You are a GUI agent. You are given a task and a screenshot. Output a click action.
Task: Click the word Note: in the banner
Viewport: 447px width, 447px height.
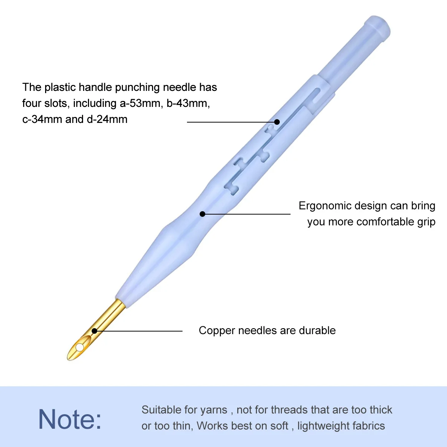(70, 419)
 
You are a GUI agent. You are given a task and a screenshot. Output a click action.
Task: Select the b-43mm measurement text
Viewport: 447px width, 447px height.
(188, 103)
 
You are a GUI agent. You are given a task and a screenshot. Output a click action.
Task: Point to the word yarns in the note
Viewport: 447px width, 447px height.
(213, 410)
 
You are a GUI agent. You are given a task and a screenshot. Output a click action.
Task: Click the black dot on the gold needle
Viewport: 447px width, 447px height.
(95, 331)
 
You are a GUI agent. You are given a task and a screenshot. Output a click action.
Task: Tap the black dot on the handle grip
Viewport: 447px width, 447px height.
(202, 214)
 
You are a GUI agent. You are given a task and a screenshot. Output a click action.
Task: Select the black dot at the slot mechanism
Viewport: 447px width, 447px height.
(277, 122)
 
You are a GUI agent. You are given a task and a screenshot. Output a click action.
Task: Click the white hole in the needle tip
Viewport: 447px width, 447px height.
(80, 348)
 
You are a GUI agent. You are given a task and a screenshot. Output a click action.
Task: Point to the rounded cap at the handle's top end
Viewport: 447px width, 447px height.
(377, 27)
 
